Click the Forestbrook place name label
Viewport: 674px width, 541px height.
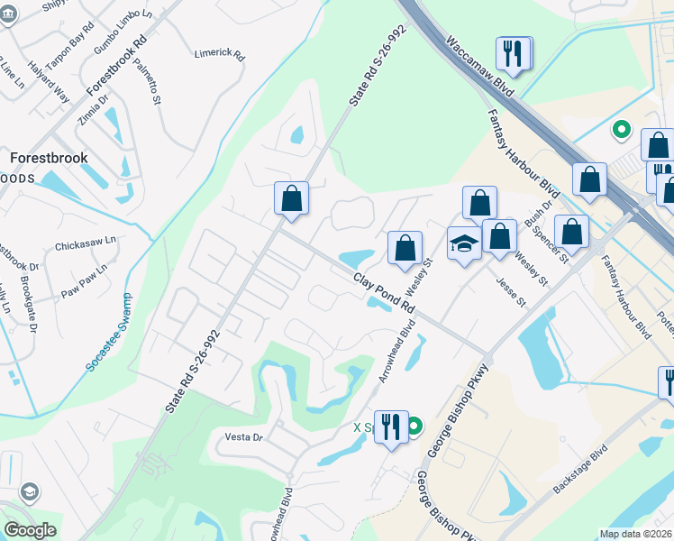[x=49, y=157]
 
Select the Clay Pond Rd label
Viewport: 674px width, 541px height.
[x=384, y=293]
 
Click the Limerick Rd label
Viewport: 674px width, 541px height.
[x=220, y=54]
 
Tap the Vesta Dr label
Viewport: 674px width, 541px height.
[x=243, y=437]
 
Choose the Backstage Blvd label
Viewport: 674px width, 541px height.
[x=581, y=472]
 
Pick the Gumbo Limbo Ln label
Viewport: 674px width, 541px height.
[x=114, y=35]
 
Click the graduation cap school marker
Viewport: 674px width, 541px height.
[x=464, y=244]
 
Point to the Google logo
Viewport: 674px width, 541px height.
[x=30, y=530]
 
